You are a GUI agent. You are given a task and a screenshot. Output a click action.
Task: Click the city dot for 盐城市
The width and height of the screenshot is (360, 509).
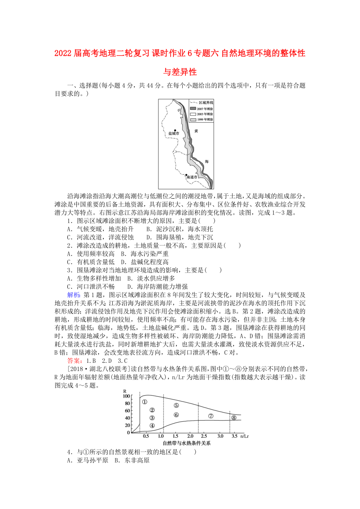175,130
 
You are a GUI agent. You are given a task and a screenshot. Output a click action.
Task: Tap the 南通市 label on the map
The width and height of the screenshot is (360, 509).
192,177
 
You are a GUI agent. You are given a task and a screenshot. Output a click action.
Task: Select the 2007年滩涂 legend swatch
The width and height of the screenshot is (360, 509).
193,108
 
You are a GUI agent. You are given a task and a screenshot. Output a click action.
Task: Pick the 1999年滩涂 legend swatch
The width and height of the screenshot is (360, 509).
193,119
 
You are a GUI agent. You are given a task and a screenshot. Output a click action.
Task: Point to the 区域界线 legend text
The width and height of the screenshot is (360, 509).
206,102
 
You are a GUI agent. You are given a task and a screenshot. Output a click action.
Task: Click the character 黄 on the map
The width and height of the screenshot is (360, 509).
196,131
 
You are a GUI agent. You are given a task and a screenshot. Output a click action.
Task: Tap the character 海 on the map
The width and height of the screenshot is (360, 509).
207,161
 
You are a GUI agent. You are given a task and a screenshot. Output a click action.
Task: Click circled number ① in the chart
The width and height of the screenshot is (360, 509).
144,401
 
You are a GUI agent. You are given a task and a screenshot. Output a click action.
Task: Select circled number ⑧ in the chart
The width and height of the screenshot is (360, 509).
234,418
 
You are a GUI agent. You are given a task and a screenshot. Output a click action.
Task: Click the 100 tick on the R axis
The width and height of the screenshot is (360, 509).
126,396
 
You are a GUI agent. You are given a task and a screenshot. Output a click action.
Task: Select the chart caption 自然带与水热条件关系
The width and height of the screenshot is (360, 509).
186,443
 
